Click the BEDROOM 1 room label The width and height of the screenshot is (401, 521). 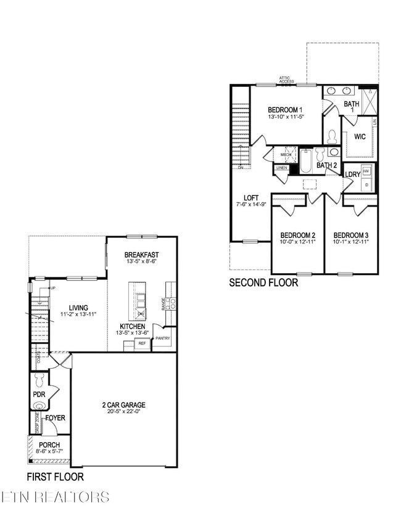click(285, 109)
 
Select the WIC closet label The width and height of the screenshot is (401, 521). click(360, 136)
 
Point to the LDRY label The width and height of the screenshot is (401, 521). click(352, 175)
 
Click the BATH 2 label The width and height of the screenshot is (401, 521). click(327, 165)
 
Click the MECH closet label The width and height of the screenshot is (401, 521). click(286, 155)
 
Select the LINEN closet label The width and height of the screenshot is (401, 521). click(282, 168)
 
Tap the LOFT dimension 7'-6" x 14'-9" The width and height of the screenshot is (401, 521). click(250, 204)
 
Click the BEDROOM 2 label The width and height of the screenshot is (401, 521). click(298, 236)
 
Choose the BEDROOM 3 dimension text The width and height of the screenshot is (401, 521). click(351, 243)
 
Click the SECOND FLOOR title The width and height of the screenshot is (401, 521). click(263, 283)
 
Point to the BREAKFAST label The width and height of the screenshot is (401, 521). click(142, 255)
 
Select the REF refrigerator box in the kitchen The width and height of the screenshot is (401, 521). click(142, 343)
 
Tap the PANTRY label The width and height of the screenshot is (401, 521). click(163, 338)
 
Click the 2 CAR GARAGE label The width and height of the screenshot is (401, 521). click(124, 405)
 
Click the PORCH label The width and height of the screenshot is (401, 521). click(49, 445)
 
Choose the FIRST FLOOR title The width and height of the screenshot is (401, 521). click(55, 477)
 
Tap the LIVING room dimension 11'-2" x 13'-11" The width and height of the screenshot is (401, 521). click(78, 315)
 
